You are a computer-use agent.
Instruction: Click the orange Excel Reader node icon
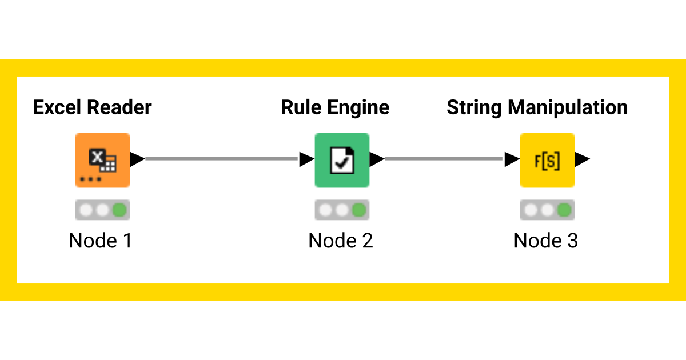coord(103,160)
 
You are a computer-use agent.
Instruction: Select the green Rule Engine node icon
coord(342,160)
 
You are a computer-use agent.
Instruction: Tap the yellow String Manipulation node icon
coord(547,160)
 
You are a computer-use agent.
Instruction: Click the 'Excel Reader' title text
coord(92,107)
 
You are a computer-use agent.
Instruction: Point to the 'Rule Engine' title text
coord(335,107)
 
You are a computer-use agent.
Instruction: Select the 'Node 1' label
coord(101,241)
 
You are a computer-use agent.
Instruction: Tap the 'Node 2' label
coord(341,241)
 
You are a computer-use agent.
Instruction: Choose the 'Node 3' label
coord(546,241)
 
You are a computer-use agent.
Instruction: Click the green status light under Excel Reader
coord(120,210)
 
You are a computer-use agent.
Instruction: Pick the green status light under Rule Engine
coord(359,210)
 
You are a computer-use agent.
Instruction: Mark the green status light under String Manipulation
coord(564,210)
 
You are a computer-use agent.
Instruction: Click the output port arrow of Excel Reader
coord(137,159)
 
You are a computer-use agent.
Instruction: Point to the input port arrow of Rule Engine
coord(307,159)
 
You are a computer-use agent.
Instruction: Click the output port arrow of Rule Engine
coord(377,159)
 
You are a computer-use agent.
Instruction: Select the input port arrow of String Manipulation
coord(512,159)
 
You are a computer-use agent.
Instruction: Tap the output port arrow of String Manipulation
coord(582,159)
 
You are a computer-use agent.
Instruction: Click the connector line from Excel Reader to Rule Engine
coord(223,159)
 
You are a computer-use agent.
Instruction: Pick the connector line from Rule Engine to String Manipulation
coord(445,159)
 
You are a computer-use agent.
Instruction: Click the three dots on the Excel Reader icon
coord(90,179)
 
